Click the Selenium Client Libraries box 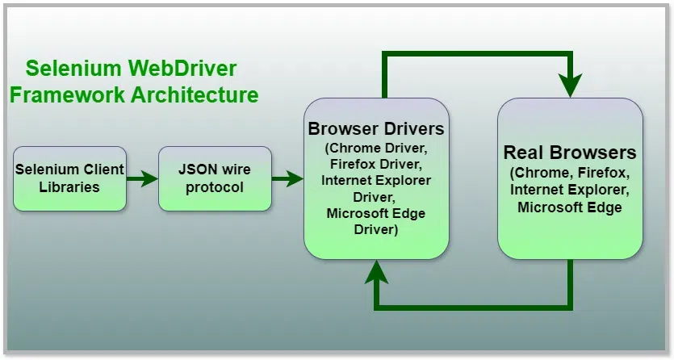[69, 178]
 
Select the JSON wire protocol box [215, 178]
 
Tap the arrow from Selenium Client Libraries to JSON [143, 178]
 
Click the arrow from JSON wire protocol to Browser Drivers [287, 178]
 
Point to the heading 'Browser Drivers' [376, 129]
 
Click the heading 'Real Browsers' [570, 153]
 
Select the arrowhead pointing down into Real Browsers [571, 84]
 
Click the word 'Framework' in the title [67, 94]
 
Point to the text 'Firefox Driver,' [376, 164]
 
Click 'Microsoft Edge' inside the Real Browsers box [570, 207]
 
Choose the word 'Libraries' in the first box [69, 187]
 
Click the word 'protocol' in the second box [215, 187]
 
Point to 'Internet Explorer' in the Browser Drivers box [376, 180]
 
